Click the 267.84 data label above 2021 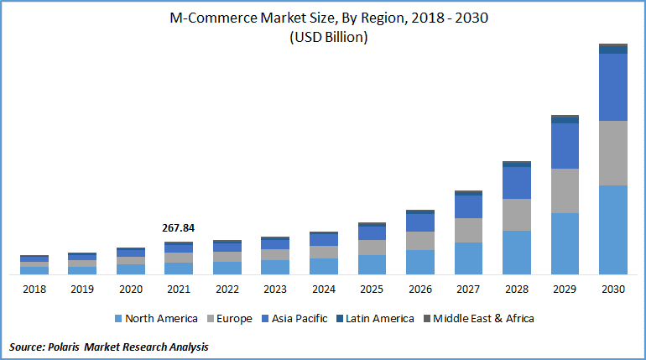coord(178,227)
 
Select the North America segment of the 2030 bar coord(613,229)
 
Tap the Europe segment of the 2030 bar coord(613,153)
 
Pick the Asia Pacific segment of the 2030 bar coord(613,87)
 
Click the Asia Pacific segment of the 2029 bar coord(565,146)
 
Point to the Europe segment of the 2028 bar coord(517,215)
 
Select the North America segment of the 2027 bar coord(468,258)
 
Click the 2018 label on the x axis coord(34,290)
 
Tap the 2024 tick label coord(323,290)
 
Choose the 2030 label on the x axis coord(613,290)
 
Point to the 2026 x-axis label coord(419,290)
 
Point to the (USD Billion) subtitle coord(323,38)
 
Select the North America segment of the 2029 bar coord(565,243)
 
